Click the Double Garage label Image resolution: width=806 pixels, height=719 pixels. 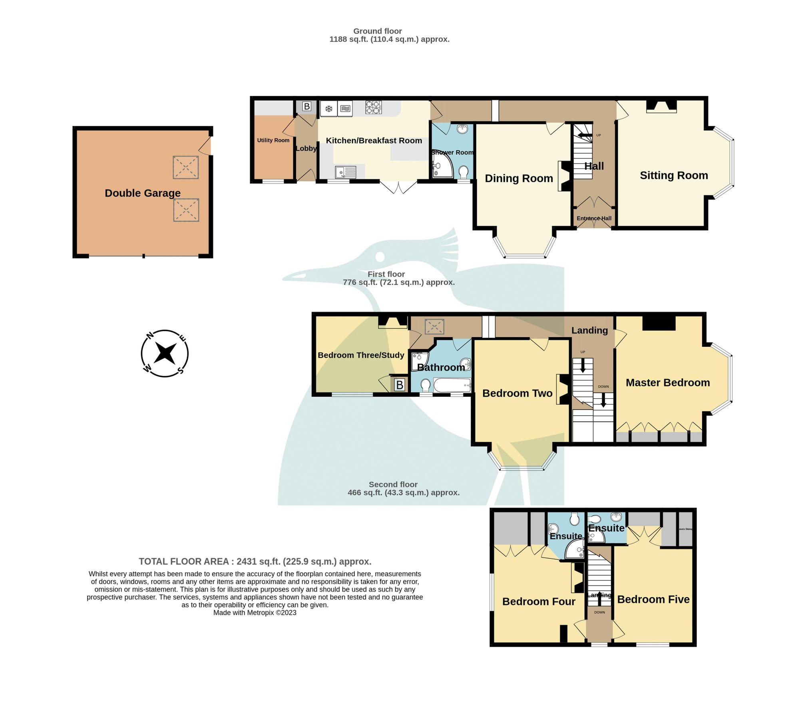click(x=142, y=193)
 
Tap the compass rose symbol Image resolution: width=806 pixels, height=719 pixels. click(x=165, y=353)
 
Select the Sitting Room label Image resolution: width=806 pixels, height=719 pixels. click(x=673, y=175)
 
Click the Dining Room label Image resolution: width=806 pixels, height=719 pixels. click(x=518, y=178)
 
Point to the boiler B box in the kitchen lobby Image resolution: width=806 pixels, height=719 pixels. click(x=306, y=106)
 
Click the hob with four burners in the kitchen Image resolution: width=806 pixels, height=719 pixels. click(x=373, y=107)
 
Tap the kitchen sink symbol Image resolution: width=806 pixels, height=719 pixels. click(x=345, y=172)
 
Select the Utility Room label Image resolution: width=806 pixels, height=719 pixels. click(x=273, y=140)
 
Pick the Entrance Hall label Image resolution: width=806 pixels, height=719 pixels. click(x=593, y=218)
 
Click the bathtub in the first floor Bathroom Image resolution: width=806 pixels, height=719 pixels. click(x=452, y=386)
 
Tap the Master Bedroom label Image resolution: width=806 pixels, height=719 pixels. click(x=667, y=383)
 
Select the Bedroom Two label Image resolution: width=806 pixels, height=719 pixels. click(x=517, y=393)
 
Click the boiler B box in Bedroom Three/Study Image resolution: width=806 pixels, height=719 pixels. click(x=399, y=385)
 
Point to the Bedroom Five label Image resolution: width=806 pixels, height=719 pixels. click(x=653, y=599)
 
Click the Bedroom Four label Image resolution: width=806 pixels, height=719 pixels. click(x=538, y=601)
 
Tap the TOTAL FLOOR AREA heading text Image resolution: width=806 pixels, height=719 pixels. click(x=255, y=561)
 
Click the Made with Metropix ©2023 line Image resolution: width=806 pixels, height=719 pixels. click(x=255, y=613)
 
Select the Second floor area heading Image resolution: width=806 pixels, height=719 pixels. click(x=403, y=488)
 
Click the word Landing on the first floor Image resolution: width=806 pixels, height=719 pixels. click(x=589, y=330)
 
